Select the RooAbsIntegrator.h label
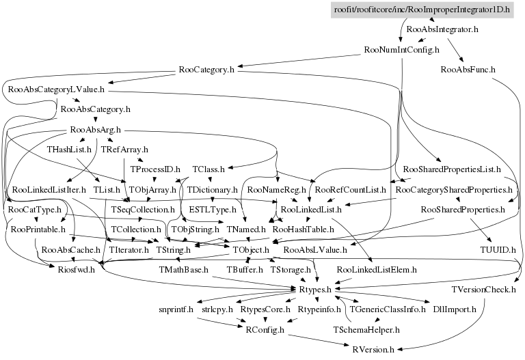tap(442, 30)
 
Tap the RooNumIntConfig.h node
tap(401, 50)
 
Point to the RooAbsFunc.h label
tap(468, 70)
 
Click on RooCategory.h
tap(206, 70)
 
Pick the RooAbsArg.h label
tap(95, 129)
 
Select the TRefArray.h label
tap(124, 149)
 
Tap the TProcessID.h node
tap(154, 169)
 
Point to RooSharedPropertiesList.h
tap(453, 169)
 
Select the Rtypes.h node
tap(315, 290)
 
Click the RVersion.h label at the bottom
tap(373, 349)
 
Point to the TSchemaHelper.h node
tap(366, 329)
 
